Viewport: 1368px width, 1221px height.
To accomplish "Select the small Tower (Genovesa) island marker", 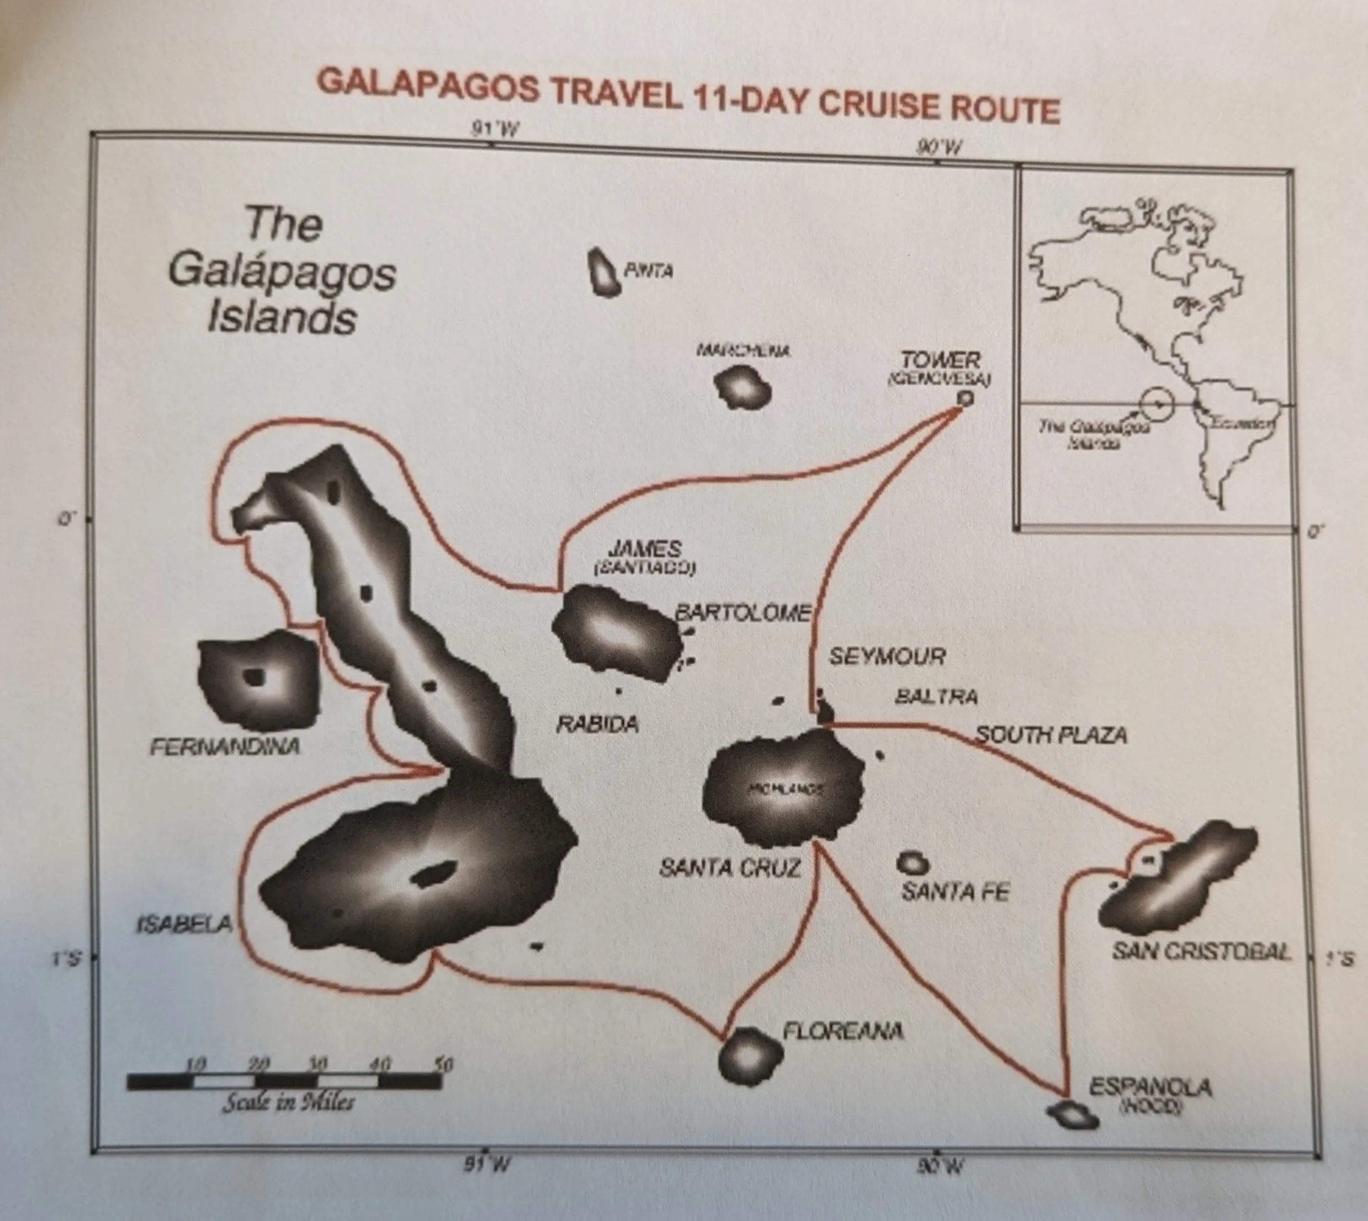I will [964, 398].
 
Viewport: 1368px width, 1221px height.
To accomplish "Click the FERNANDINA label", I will [225, 747].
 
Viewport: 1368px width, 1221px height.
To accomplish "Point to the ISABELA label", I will [184, 925].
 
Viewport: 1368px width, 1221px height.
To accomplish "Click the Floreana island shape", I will [750, 1057].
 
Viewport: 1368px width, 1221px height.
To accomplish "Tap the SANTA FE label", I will [955, 892].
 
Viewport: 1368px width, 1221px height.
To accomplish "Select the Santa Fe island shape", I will [913, 863].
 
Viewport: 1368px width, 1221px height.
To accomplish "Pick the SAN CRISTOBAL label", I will [1201, 951].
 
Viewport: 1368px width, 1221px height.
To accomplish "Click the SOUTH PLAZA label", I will [1051, 735].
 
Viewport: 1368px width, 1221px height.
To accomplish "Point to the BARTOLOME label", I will [743, 612].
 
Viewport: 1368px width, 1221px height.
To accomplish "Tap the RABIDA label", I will [597, 724].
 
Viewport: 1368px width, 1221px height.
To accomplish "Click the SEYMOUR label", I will [887, 656].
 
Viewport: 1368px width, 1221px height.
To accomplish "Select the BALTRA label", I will [936, 697].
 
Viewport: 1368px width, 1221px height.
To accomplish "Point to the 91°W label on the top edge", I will [495, 128].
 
